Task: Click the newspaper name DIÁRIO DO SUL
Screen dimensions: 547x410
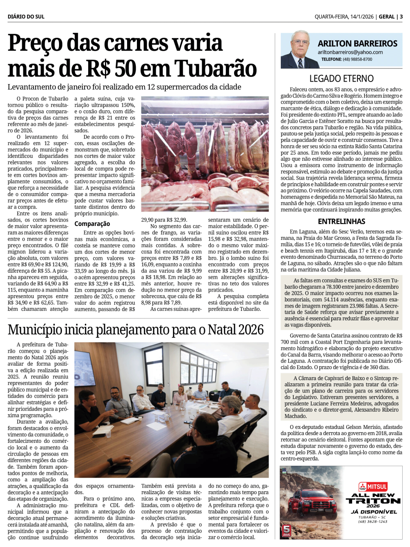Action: click(x=26, y=17)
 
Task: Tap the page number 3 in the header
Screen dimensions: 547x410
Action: click(x=401, y=17)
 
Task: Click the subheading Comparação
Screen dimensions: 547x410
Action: click(x=92, y=224)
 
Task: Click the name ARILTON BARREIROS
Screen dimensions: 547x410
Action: click(x=358, y=43)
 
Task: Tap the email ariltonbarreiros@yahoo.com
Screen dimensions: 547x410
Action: click(x=350, y=52)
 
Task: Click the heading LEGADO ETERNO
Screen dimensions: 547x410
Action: click(x=341, y=79)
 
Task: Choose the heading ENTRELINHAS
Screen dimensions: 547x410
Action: click(x=341, y=221)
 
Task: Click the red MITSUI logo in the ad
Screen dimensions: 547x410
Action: click(x=373, y=487)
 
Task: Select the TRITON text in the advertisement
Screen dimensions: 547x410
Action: click(x=373, y=501)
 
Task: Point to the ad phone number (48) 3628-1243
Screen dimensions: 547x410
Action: click(x=373, y=522)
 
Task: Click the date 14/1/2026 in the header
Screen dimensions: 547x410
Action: click(x=362, y=17)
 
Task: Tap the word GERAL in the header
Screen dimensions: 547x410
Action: click(x=387, y=17)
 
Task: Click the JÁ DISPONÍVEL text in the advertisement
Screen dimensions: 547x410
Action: click(x=374, y=512)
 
